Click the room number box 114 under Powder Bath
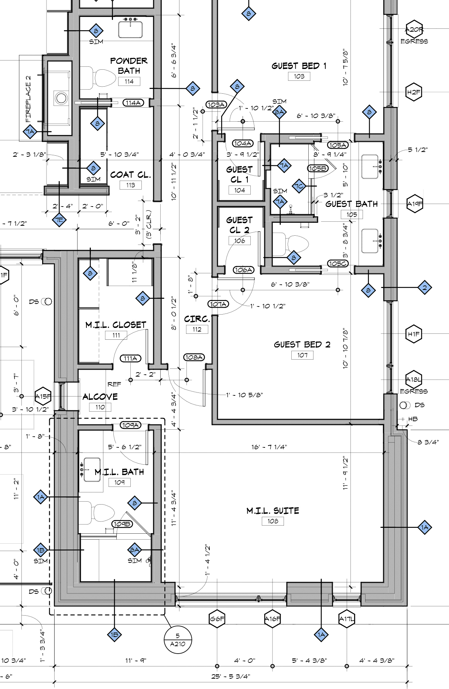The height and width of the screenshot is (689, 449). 129,82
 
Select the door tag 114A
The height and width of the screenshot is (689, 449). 133,103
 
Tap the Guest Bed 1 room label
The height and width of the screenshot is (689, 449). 299,66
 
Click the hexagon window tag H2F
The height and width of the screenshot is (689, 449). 414,92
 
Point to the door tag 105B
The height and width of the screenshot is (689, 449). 318,169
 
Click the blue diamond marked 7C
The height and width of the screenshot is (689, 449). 299,186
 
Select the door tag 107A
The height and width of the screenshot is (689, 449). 218,304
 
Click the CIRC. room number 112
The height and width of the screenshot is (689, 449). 197,329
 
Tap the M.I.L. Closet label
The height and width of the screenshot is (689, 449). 116,325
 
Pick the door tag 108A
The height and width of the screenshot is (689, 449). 194,357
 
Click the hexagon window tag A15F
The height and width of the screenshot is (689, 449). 43,397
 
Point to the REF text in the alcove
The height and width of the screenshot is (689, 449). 114,384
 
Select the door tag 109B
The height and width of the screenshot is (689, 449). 122,524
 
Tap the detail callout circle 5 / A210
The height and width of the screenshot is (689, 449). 178,640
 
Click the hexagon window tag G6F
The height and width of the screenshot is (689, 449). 217,619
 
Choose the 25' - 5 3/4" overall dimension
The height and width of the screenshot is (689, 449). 231,676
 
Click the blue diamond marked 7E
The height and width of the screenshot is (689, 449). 59,220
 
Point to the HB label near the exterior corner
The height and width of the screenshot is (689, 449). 413,419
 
